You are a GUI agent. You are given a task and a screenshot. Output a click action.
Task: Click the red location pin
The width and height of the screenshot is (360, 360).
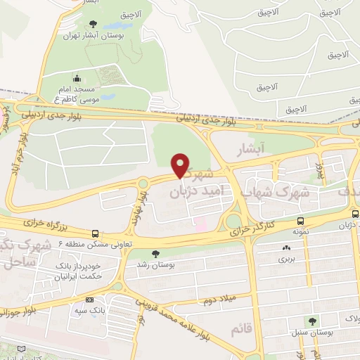coord(181,165)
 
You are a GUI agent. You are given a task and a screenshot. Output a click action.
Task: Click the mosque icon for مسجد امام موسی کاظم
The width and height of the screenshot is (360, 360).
coord(77,79)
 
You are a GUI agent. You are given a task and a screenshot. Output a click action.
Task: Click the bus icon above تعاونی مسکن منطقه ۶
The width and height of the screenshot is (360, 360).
coord(95,233)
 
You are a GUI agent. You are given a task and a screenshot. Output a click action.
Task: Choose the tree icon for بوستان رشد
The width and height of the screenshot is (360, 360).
coord(155,254)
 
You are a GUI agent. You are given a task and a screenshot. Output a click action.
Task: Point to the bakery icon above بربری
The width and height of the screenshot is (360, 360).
coord(286,247)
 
